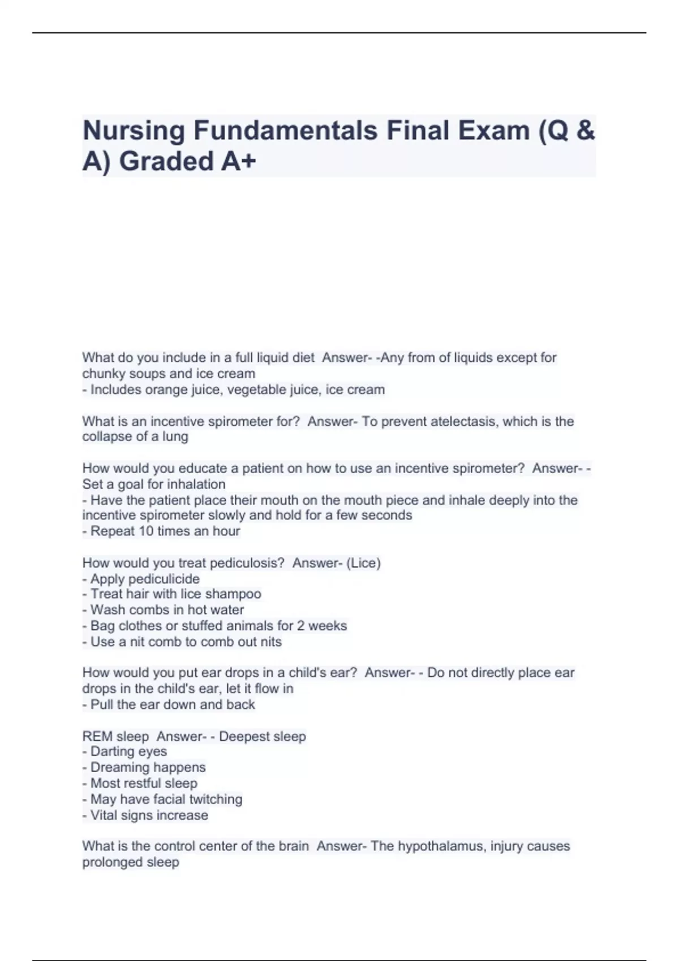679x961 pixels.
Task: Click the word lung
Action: [175, 436]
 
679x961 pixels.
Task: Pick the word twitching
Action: [216, 799]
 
